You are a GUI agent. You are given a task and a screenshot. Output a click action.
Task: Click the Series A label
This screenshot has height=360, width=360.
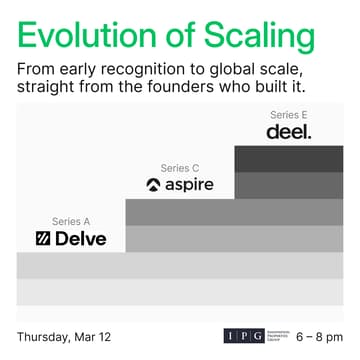click(x=70, y=220)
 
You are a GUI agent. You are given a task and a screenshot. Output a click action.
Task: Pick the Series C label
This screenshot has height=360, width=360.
click(x=178, y=167)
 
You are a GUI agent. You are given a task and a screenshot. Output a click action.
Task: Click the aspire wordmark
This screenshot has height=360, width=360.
click(x=188, y=185)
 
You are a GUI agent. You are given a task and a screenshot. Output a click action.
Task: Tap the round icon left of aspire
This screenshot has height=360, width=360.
click(x=153, y=185)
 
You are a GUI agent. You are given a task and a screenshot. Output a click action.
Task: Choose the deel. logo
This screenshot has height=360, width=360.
click(x=288, y=132)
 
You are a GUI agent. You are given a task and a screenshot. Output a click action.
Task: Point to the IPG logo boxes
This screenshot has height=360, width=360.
click(x=244, y=335)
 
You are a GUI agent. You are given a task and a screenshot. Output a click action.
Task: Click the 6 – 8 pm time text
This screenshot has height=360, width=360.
click(x=319, y=335)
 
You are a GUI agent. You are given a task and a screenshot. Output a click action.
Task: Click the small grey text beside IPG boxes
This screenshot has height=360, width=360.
click(x=276, y=335)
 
